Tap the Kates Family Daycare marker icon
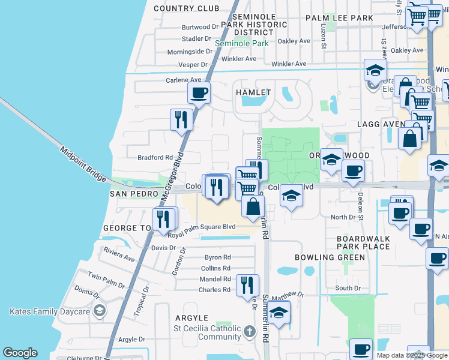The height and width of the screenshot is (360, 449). click(x=100, y=311)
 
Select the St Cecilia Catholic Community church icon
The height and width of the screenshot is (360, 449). click(x=250, y=330)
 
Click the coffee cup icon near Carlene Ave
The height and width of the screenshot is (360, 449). click(x=199, y=93)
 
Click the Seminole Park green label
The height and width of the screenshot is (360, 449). click(x=242, y=44)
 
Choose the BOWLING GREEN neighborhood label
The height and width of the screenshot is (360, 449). click(x=330, y=257)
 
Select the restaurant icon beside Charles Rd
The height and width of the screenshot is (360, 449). click(x=247, y=285)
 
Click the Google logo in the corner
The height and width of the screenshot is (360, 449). click(x=20, y=353)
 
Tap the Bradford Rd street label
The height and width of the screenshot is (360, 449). click(x=155, y=158)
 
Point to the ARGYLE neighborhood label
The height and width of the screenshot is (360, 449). click(x=191, y=318)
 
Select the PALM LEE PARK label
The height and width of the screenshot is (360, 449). click(x=339, y=19)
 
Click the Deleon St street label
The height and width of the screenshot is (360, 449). click(x=360, y=202)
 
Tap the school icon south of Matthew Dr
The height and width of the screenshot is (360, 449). click(x=279, y=312)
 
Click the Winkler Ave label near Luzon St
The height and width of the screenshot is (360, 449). click(x=289, y=64)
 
